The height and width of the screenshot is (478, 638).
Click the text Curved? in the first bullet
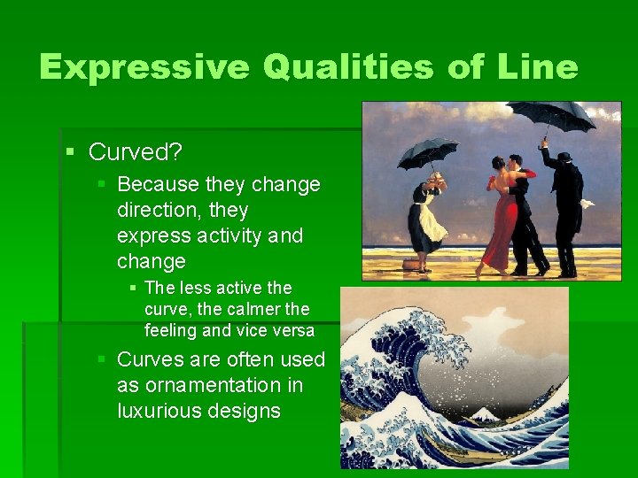[x=136, y=152]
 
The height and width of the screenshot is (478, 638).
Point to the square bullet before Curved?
[x=72, y=151]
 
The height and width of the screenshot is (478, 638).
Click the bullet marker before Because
[x=102, y=183]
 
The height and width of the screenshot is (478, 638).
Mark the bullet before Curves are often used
[x=102, y=359]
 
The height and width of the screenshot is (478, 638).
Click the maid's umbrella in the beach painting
[x=428, y=151]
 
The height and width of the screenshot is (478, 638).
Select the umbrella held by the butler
[x=550, y=115]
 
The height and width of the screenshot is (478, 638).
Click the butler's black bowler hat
[x=564, y=157]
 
